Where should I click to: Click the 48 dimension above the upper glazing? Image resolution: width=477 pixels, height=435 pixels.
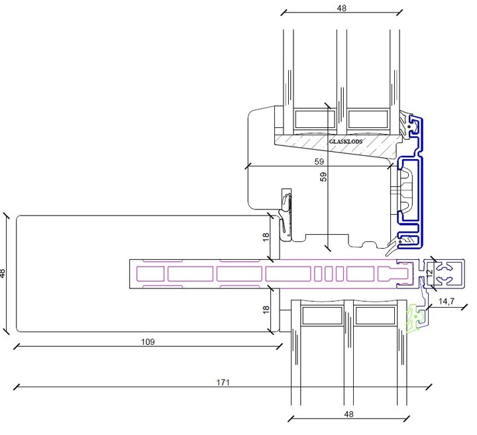342,8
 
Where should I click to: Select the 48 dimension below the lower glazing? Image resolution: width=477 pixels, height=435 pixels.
348,414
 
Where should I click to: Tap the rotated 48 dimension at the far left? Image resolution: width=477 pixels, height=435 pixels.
3,273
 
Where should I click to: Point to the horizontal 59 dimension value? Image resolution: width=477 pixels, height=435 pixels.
319,161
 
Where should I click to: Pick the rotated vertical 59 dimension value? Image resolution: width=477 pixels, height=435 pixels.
323,176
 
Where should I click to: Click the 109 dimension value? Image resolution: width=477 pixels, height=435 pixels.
148,342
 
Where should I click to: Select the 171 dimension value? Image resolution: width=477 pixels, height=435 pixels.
223,383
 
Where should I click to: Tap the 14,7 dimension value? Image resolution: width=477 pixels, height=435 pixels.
447,301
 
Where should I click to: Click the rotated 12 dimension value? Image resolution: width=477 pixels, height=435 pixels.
429,273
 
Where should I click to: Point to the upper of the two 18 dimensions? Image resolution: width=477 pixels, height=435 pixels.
266,237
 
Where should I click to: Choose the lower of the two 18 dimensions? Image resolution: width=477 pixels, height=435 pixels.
266,310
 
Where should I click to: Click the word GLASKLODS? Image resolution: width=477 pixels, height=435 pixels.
346,141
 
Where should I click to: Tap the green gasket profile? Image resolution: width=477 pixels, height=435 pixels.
415,319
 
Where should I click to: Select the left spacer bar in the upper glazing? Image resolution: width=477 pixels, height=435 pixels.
315,119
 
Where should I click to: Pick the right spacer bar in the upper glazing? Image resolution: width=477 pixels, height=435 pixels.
368,119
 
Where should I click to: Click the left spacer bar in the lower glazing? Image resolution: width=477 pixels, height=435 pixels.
322,316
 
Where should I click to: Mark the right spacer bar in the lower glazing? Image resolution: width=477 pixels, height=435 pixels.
375,316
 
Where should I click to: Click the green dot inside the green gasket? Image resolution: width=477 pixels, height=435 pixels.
415,316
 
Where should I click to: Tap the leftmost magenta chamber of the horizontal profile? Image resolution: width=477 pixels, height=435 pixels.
150,274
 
